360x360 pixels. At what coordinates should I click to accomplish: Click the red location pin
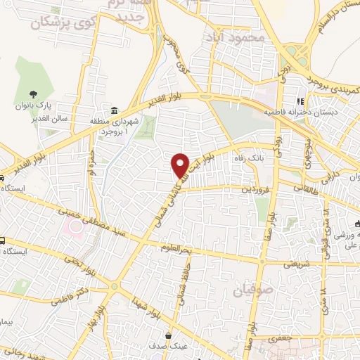coord(181,165)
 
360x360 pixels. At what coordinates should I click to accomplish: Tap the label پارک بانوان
coord(33,107)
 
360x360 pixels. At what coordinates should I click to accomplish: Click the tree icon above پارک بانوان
coord(33,93)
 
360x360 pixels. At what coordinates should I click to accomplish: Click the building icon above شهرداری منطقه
coord(115,111)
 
